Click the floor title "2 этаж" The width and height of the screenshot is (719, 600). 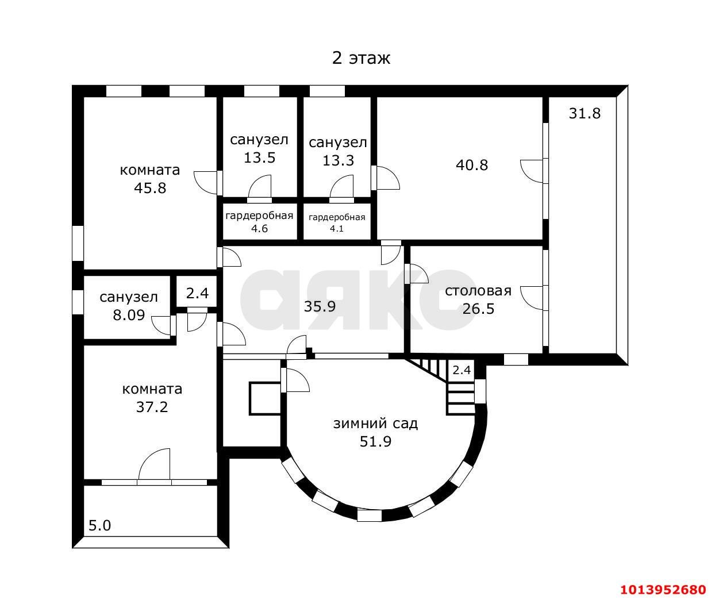[x=361, y=58]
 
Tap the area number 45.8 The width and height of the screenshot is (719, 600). [x=150, y=188]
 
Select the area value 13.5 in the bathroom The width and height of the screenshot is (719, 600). [x=260, y=157]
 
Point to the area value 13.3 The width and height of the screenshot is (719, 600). [x=338, y=160]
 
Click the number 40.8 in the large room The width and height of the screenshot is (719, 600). [x=472, y=165]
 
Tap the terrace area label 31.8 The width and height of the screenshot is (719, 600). [x=585, y=113]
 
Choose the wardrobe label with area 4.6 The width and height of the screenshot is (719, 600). [x=259, y=222]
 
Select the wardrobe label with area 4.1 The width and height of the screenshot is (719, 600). [x=337, y=223]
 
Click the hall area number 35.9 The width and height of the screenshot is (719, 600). [x=320, y=306]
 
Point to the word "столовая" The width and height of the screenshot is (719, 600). [x=478, y=291]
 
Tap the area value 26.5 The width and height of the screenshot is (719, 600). [x=478, y=309]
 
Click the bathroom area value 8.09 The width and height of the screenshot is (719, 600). [x=129, y=315]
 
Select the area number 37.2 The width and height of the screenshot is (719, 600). [x=152, y=407]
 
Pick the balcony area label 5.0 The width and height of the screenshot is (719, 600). [x=100, y=526]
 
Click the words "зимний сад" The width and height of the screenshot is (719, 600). [x=375, y=424]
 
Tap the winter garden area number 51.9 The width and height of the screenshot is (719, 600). [x=375, y=441]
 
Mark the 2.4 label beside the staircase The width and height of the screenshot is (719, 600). [x=462, y=370]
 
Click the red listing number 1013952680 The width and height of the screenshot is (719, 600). [x=663, y=590]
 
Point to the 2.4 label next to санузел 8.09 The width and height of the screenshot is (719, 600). [x=197, y=293]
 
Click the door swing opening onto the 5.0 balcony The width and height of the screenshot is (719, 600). [x=155, y=464]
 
